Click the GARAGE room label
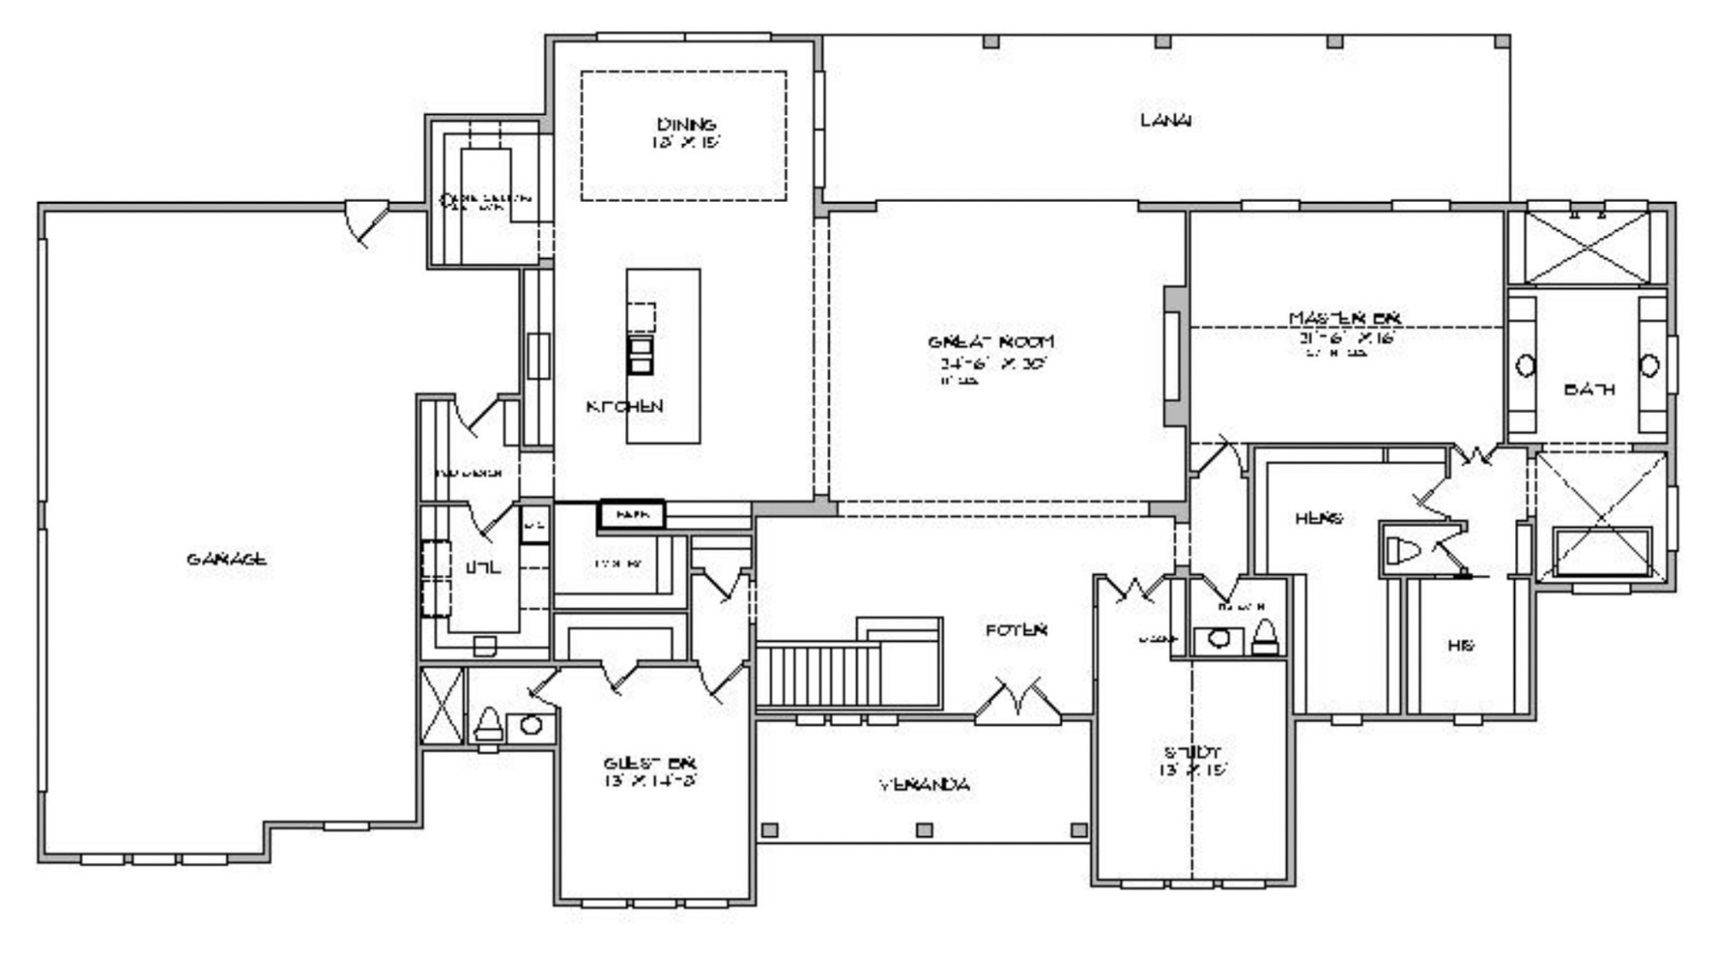click(x=226, y=559)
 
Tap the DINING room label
click(x=685, y=125)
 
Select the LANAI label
click(x=1166, y=120)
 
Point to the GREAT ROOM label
click(x=990, y=342)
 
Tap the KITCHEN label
click(x=624, y=406)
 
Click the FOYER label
click(x=1016, y=629)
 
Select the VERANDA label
click(x=924, y=785)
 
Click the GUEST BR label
click(x=649, y=763)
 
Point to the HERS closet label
click(x=1318, y=519)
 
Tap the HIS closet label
click(x=1460, y=645)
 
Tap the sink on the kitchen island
click(x=640, y=355)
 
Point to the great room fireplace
click(x=1174, y=356)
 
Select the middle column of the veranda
click(x=924, y=829)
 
